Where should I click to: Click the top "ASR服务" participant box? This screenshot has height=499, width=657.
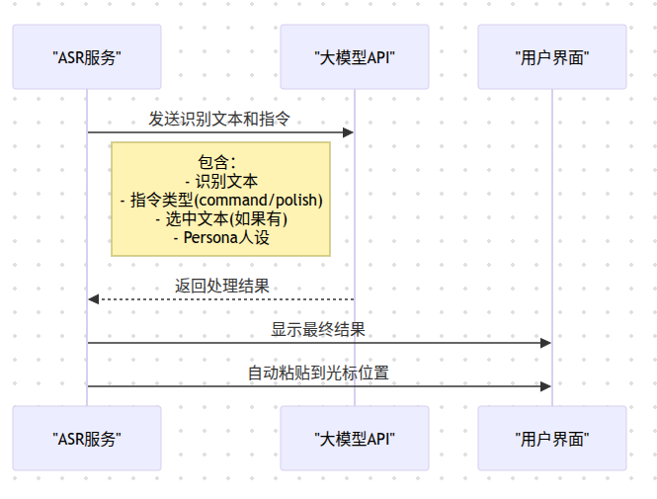(87, 57)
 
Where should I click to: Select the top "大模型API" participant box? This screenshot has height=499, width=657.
(354, 57)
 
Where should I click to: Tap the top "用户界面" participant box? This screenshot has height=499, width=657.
(551, 57)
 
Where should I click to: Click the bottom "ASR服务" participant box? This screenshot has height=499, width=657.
(87, 438)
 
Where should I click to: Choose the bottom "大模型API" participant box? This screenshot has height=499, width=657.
(354, 438)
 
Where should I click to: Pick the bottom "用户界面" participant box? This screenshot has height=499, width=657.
(551, 438)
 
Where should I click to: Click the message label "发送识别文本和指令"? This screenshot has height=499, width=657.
(219, 119)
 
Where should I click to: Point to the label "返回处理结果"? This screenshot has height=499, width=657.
(221, 286)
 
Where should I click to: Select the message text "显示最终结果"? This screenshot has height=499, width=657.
(318, 329)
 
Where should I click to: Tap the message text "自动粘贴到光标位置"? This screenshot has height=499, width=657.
(318, 373)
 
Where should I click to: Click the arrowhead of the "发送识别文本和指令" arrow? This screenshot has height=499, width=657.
(348, 132)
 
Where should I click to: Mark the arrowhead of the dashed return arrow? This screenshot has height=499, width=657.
(93, 299)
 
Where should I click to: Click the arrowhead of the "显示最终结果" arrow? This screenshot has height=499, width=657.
(545, 343)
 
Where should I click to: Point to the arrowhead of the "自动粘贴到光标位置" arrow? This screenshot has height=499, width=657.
(545, 386)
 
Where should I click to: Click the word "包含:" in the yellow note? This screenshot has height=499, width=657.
(218, 162)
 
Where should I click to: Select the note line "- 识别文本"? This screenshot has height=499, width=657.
(220, 181)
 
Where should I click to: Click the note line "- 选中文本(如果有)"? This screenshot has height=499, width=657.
(220, 218)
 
